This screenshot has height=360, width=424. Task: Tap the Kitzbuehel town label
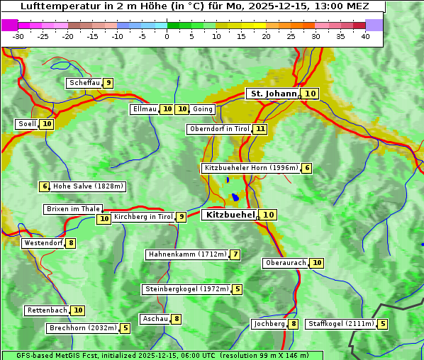[x=230, y=215]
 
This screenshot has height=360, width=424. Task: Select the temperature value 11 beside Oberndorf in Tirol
[x=261, y=129]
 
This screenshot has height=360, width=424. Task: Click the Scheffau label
[x=84, y=83]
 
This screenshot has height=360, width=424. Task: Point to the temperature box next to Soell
[x=47, y=124]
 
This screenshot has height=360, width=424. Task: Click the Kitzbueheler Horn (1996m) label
[x=250, y=168]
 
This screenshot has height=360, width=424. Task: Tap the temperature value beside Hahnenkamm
[x=235, y=254]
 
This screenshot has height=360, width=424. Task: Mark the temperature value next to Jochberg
[x=294, y=324]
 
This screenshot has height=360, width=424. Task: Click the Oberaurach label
[x=285, y=263]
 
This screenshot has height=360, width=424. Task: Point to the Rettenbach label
[x=48, y=310]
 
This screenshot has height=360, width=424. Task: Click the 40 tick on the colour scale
[x=365, y=36]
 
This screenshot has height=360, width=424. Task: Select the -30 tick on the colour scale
[x=18, y=36]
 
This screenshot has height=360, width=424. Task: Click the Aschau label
[x=155, y=319]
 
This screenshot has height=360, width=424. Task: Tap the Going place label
[x=203, y=109]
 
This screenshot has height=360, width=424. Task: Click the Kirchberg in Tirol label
[x=143, y=217]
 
